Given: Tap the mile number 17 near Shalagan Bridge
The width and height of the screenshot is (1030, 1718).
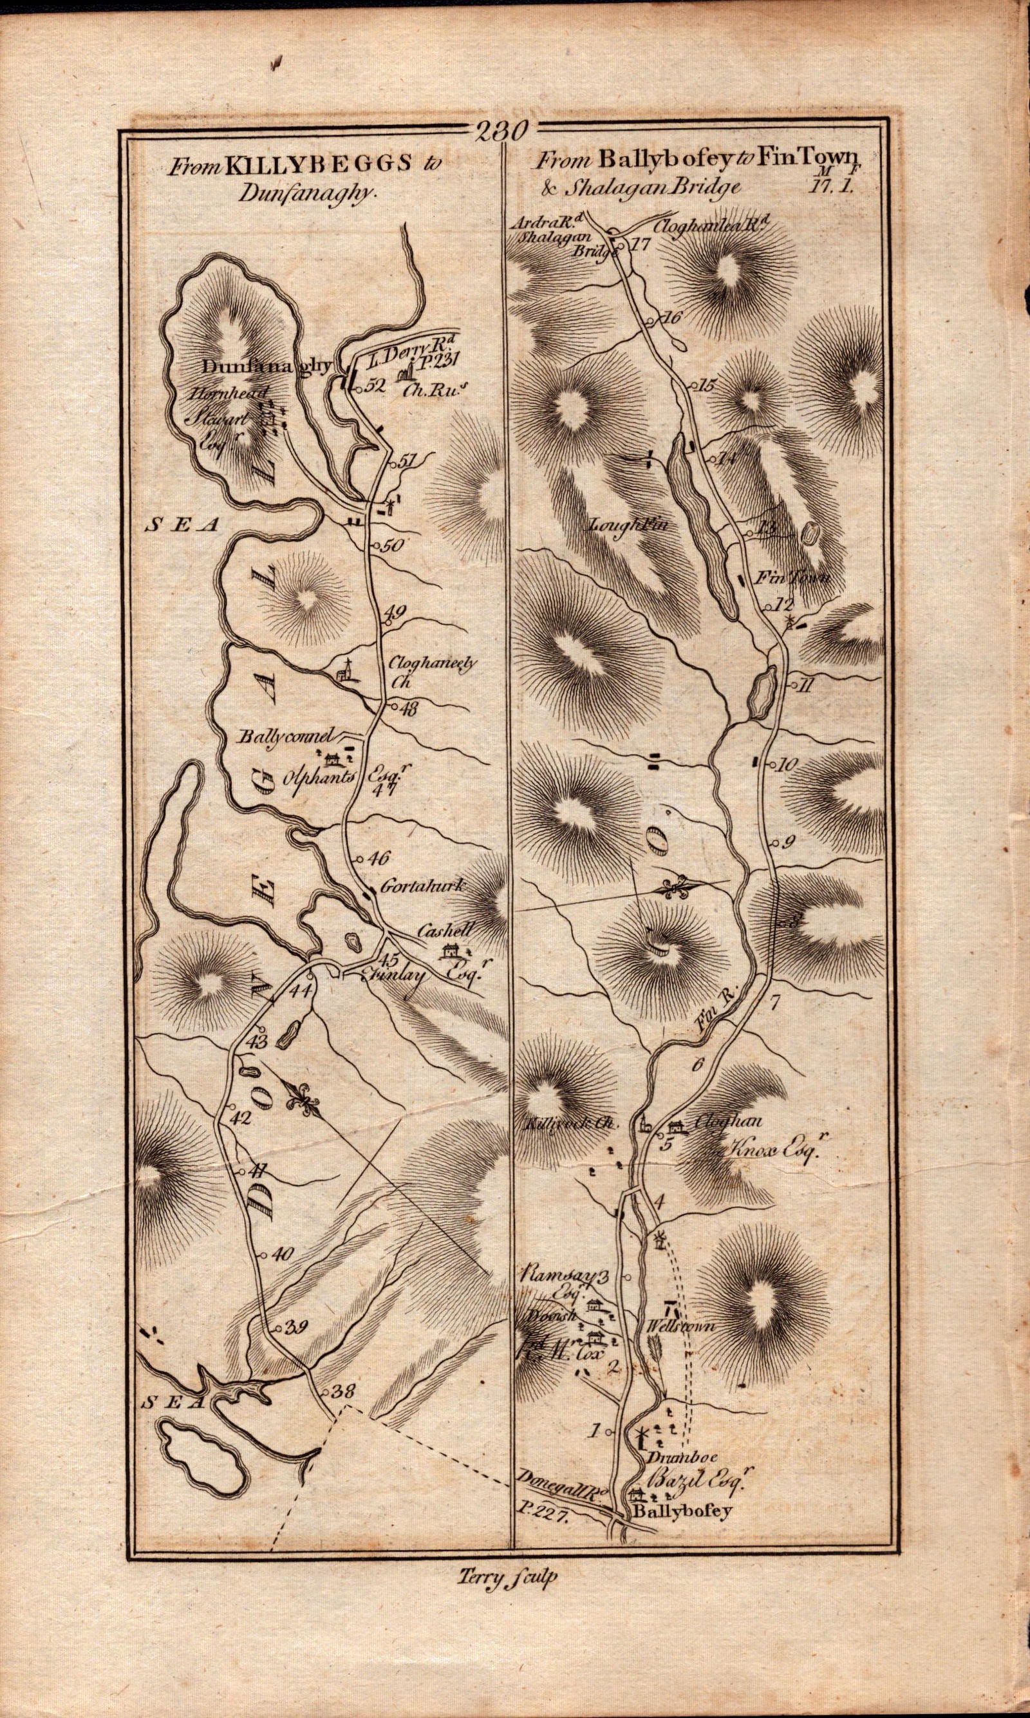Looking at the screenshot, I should coord(639,244).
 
